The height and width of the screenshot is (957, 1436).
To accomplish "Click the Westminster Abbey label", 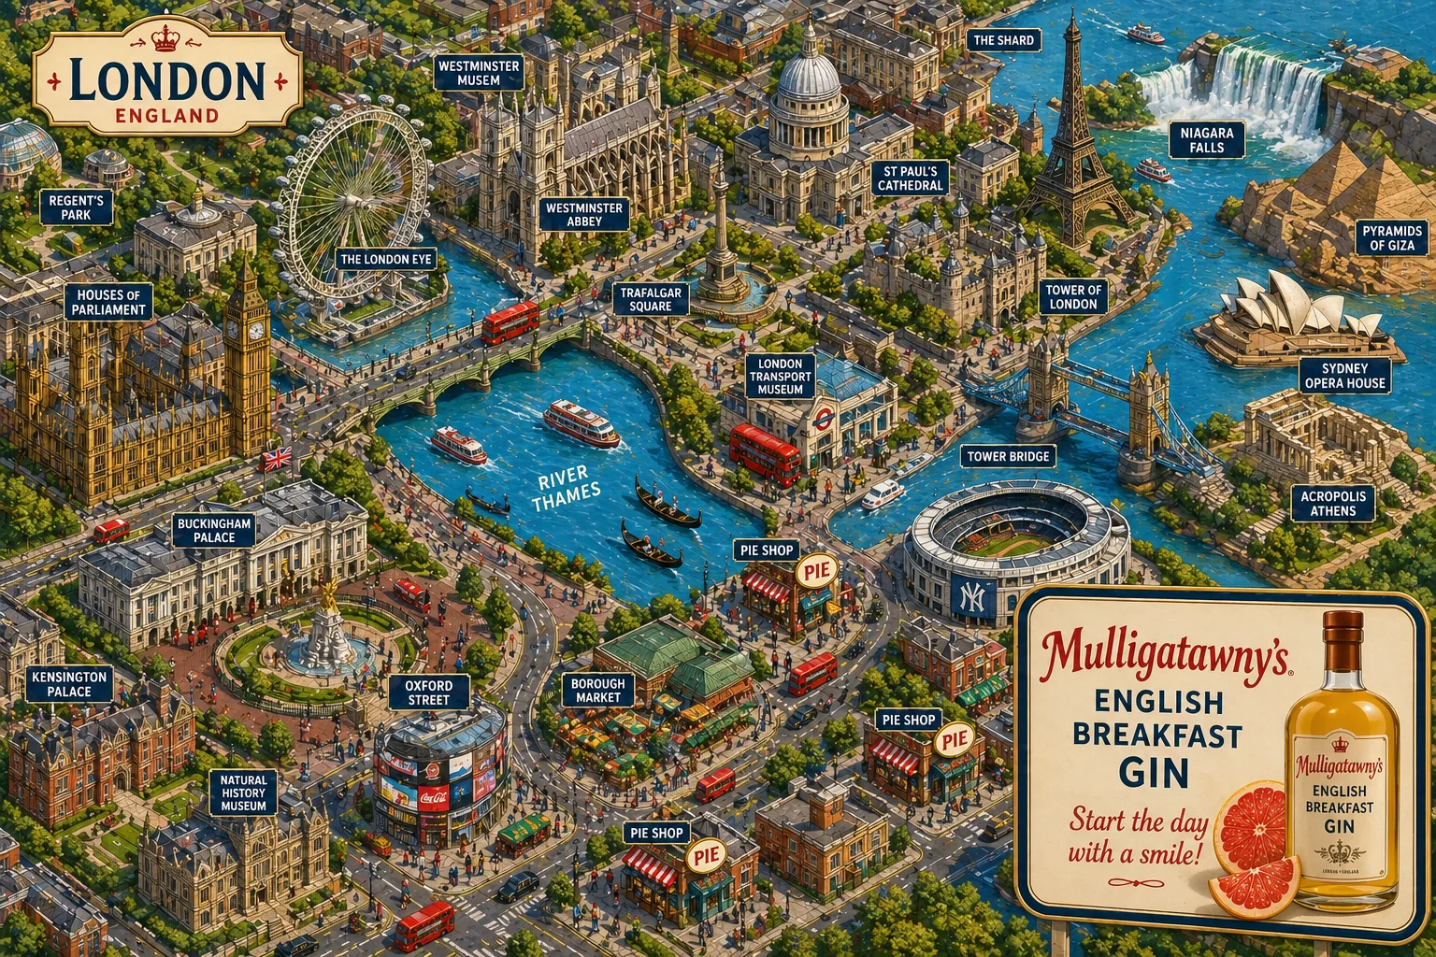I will [x=584, y=214].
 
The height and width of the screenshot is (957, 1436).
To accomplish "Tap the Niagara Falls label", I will [x=1206, y=140].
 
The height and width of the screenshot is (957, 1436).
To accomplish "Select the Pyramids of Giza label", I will [x=1392, y=237].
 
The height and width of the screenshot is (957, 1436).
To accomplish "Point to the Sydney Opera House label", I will [x=1344, y=376].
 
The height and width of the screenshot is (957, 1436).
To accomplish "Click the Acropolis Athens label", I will [x=1332, y=504].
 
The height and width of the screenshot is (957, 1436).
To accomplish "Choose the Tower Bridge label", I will [x=1008, y=456].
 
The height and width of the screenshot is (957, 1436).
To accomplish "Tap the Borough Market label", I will [x=597, y=691].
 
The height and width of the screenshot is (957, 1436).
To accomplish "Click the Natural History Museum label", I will [x=243, y=793].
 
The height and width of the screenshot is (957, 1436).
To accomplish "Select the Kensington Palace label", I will [x=69, y=684].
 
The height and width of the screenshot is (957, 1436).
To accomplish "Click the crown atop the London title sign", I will [x=165, y=39].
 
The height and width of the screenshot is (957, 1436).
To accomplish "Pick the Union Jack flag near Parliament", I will [x=278, y=459].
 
